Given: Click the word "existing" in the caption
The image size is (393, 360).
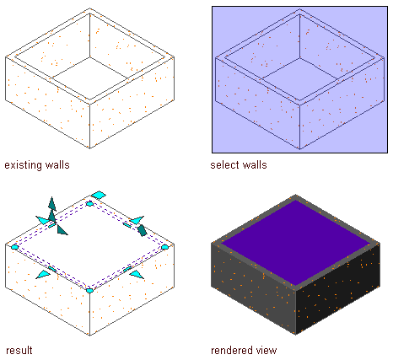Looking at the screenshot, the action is point(24,165).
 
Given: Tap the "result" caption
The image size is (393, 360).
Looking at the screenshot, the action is point(19,351).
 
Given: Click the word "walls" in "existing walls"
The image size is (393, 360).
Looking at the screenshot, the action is point(57,165).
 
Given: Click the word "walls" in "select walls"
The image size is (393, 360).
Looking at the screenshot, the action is point(256,165).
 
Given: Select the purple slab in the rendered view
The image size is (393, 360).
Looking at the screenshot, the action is point(296,242).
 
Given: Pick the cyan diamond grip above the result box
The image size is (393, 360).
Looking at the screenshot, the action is point(99,195).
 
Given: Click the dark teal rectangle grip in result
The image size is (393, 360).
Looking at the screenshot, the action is point(142,230).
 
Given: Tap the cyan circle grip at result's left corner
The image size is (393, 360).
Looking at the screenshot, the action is point(14,247).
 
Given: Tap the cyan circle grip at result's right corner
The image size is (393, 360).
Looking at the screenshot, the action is point(164,247).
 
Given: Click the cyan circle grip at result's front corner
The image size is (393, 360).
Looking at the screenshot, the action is point(89,290).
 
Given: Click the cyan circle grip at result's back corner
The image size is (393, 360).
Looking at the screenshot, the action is point(89,204).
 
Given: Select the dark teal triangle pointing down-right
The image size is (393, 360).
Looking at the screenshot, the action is point(62,230).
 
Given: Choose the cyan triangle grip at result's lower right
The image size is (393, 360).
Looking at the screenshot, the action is point(137,274).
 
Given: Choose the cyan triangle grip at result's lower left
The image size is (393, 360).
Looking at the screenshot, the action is point(43,274).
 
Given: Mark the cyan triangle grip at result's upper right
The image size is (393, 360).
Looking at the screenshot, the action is point(137,220).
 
